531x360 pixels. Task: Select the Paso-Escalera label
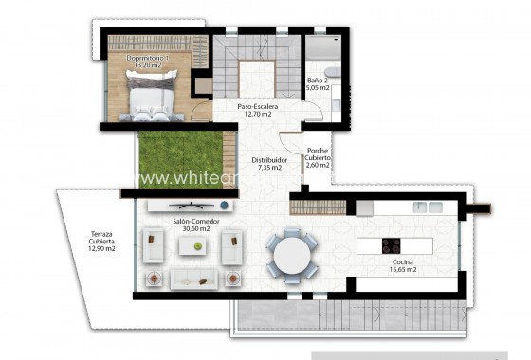point(257,107)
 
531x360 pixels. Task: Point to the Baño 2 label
point(318,81)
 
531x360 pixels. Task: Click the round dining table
point(291,254)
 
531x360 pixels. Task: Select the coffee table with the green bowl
point(196,245)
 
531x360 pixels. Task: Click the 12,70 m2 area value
point(257,116)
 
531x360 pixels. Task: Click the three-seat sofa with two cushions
point(194,278)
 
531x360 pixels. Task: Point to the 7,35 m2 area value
point(269,169)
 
